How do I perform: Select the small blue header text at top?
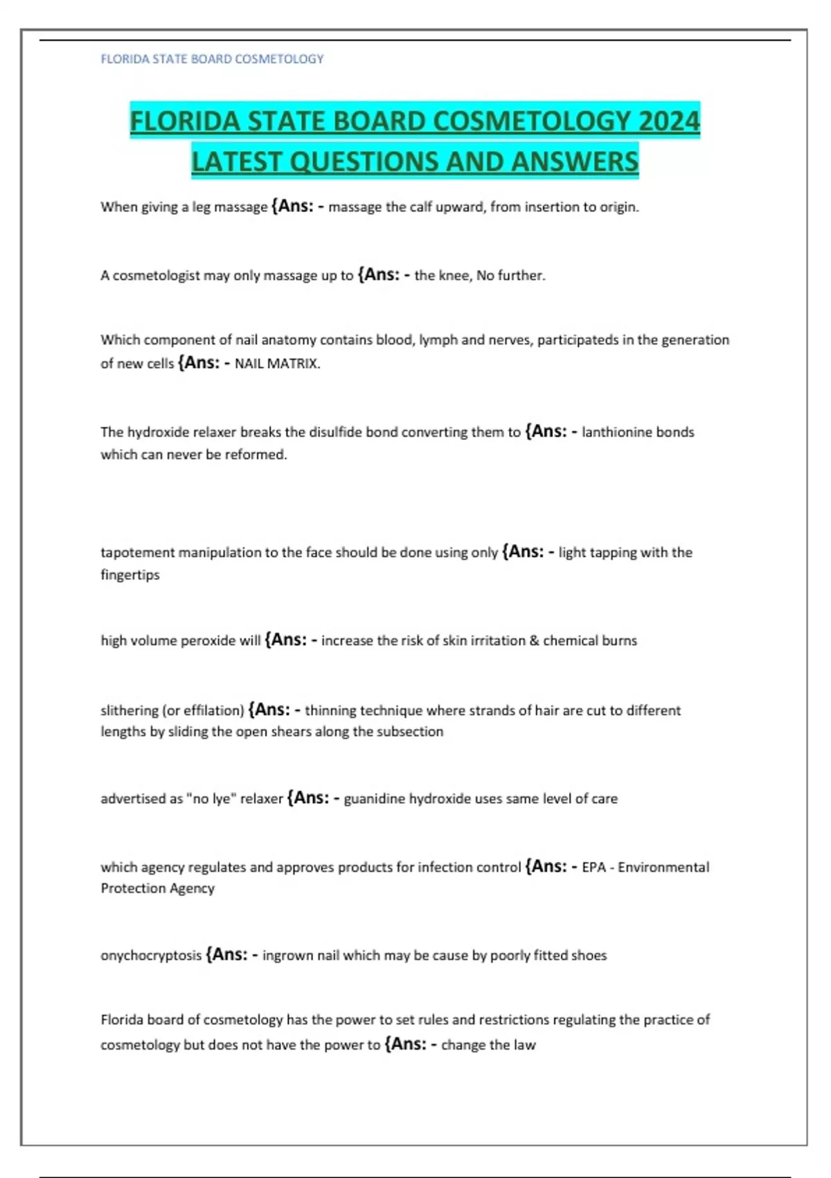pos(212,59)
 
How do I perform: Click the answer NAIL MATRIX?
pos(277,363)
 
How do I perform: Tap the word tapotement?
pos(137,552)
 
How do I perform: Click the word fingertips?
pos(130,574)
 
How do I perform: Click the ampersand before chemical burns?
pos(534,640)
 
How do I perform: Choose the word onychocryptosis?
pos(151,955)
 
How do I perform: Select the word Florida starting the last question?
pos(122,1019)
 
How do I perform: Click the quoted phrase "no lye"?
pos(211,798)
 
